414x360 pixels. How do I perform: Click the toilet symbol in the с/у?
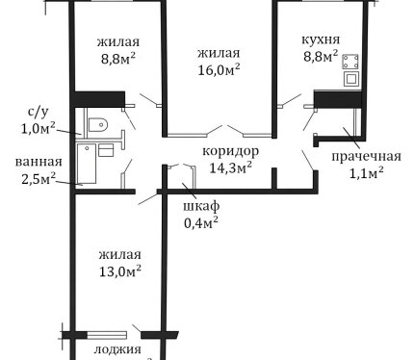pyautogui.click(x=97, y=124)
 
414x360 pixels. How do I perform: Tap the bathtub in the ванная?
pyautogui.click(x=87, y=164)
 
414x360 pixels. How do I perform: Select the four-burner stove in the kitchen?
pyautogui.click(x=350, y=62)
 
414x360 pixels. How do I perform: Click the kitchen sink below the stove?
pyautogui.click(x=351, y=79)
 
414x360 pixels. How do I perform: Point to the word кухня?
pyautogui.click(x=321, y=39)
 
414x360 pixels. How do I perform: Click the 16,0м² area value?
pyautogui.click(x=219, y=69)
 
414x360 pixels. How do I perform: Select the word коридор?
pyautogui.click(x=230, y=151)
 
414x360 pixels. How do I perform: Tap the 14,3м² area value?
pyautogui.click(x=230, y=167)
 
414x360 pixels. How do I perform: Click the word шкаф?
pyautogui.click(x=201, y=205)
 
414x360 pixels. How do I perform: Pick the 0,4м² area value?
pyautogui.click(x=201, y=222)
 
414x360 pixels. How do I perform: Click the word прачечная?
pyautogui.click(x=366, y=156)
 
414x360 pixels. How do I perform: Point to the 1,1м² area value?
pyautogui.click(x=366, y=173)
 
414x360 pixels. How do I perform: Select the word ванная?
pyautogui.click(x=39, y=162)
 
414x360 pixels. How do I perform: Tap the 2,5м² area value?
pyautogui.click(x=39, y=178)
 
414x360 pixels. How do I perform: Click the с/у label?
pyautogui.click(x=39, y=112)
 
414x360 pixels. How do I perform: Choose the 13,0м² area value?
pyautogui.click(x=120, y=271)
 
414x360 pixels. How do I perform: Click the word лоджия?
pyautogui.click(x=117, y=349)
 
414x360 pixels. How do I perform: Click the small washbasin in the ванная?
pyautogui.click(x=106, y=150)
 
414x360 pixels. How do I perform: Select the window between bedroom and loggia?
pyautogui.click(x=107, y=335)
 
